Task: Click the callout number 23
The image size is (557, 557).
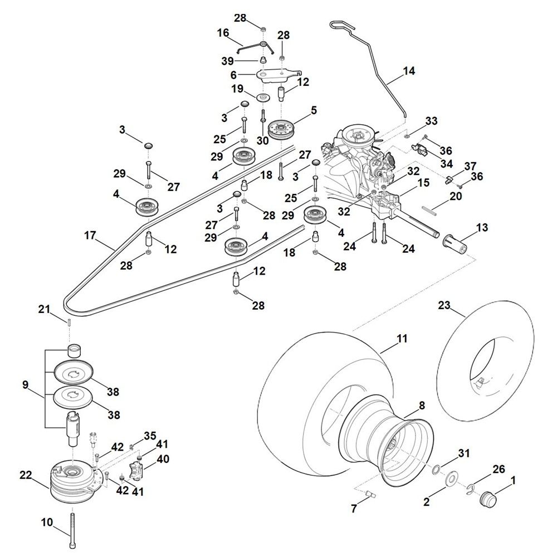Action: coord(443,305)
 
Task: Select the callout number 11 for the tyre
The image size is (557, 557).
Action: coord(402,338)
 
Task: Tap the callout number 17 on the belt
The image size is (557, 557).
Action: coord(90,236)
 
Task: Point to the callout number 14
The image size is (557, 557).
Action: coord(409,71)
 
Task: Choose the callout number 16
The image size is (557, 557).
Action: coord(223,33)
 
